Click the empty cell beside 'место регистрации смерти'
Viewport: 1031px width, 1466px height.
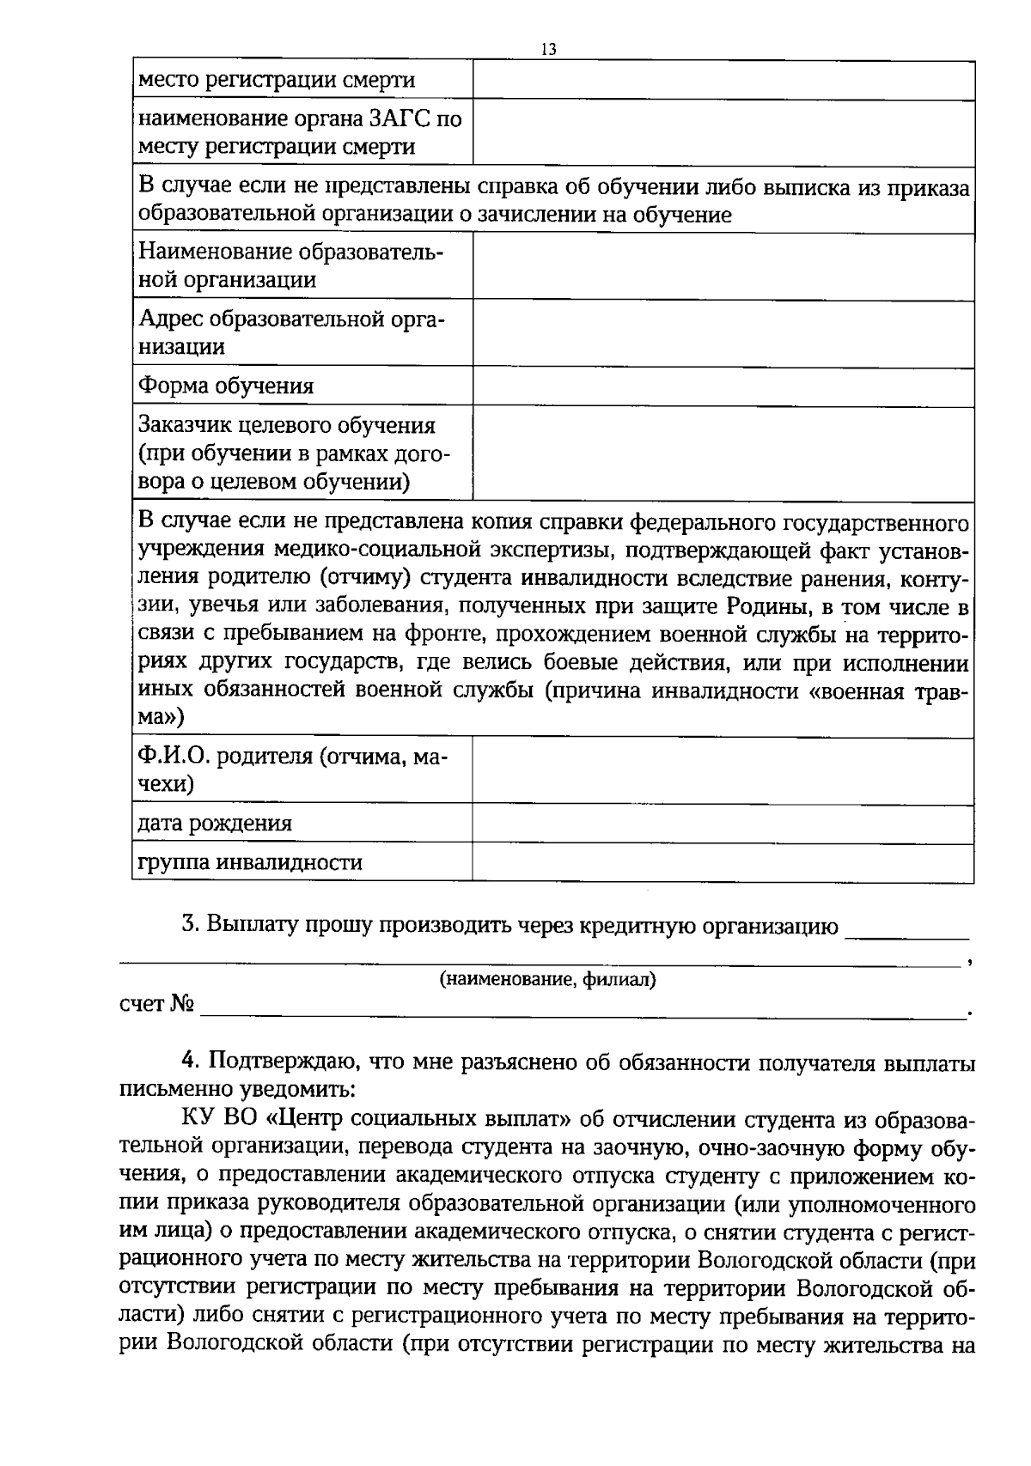723,81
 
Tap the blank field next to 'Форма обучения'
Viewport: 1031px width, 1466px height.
723,386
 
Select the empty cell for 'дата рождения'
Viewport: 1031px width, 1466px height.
723,824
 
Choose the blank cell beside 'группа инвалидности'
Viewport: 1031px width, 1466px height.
723,862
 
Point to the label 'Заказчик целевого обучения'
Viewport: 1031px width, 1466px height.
288,425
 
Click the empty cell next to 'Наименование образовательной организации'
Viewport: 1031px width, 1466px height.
723,266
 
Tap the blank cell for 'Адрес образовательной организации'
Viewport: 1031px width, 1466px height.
723,334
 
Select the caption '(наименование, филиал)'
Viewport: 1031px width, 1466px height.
547,979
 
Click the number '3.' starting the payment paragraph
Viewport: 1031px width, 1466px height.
191,926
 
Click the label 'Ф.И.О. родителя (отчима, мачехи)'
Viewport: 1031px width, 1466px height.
292,769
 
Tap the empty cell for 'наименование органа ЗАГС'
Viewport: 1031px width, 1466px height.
723,133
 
